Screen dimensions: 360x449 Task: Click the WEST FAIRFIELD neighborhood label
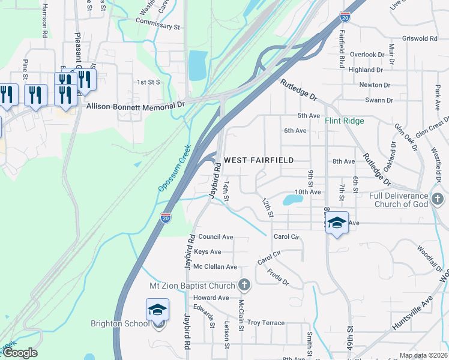[259, 160]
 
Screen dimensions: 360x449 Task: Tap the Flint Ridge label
[345, 121]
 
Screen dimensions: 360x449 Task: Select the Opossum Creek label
[175, 169]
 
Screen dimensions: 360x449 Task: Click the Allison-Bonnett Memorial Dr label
[136, 105]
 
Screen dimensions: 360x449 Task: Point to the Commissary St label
[158, 26]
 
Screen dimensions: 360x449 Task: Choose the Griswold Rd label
[420, 38]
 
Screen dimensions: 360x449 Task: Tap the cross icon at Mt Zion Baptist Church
[244, 283]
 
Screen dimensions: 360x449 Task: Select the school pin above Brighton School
[157, 310]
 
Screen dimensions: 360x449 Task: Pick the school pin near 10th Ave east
[337, 223]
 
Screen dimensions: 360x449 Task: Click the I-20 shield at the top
[345, 16]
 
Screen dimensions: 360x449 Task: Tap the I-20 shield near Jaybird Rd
[166, 218]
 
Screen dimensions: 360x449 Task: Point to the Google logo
[20, 353]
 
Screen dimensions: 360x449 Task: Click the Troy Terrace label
[266, 323]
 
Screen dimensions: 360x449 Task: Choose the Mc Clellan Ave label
[215, 266]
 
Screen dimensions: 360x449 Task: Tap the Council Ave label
[215, 237]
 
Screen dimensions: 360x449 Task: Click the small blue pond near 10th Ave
[292, 199]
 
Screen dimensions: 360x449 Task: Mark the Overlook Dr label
[367, 55]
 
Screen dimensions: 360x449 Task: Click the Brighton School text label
[120, 324]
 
